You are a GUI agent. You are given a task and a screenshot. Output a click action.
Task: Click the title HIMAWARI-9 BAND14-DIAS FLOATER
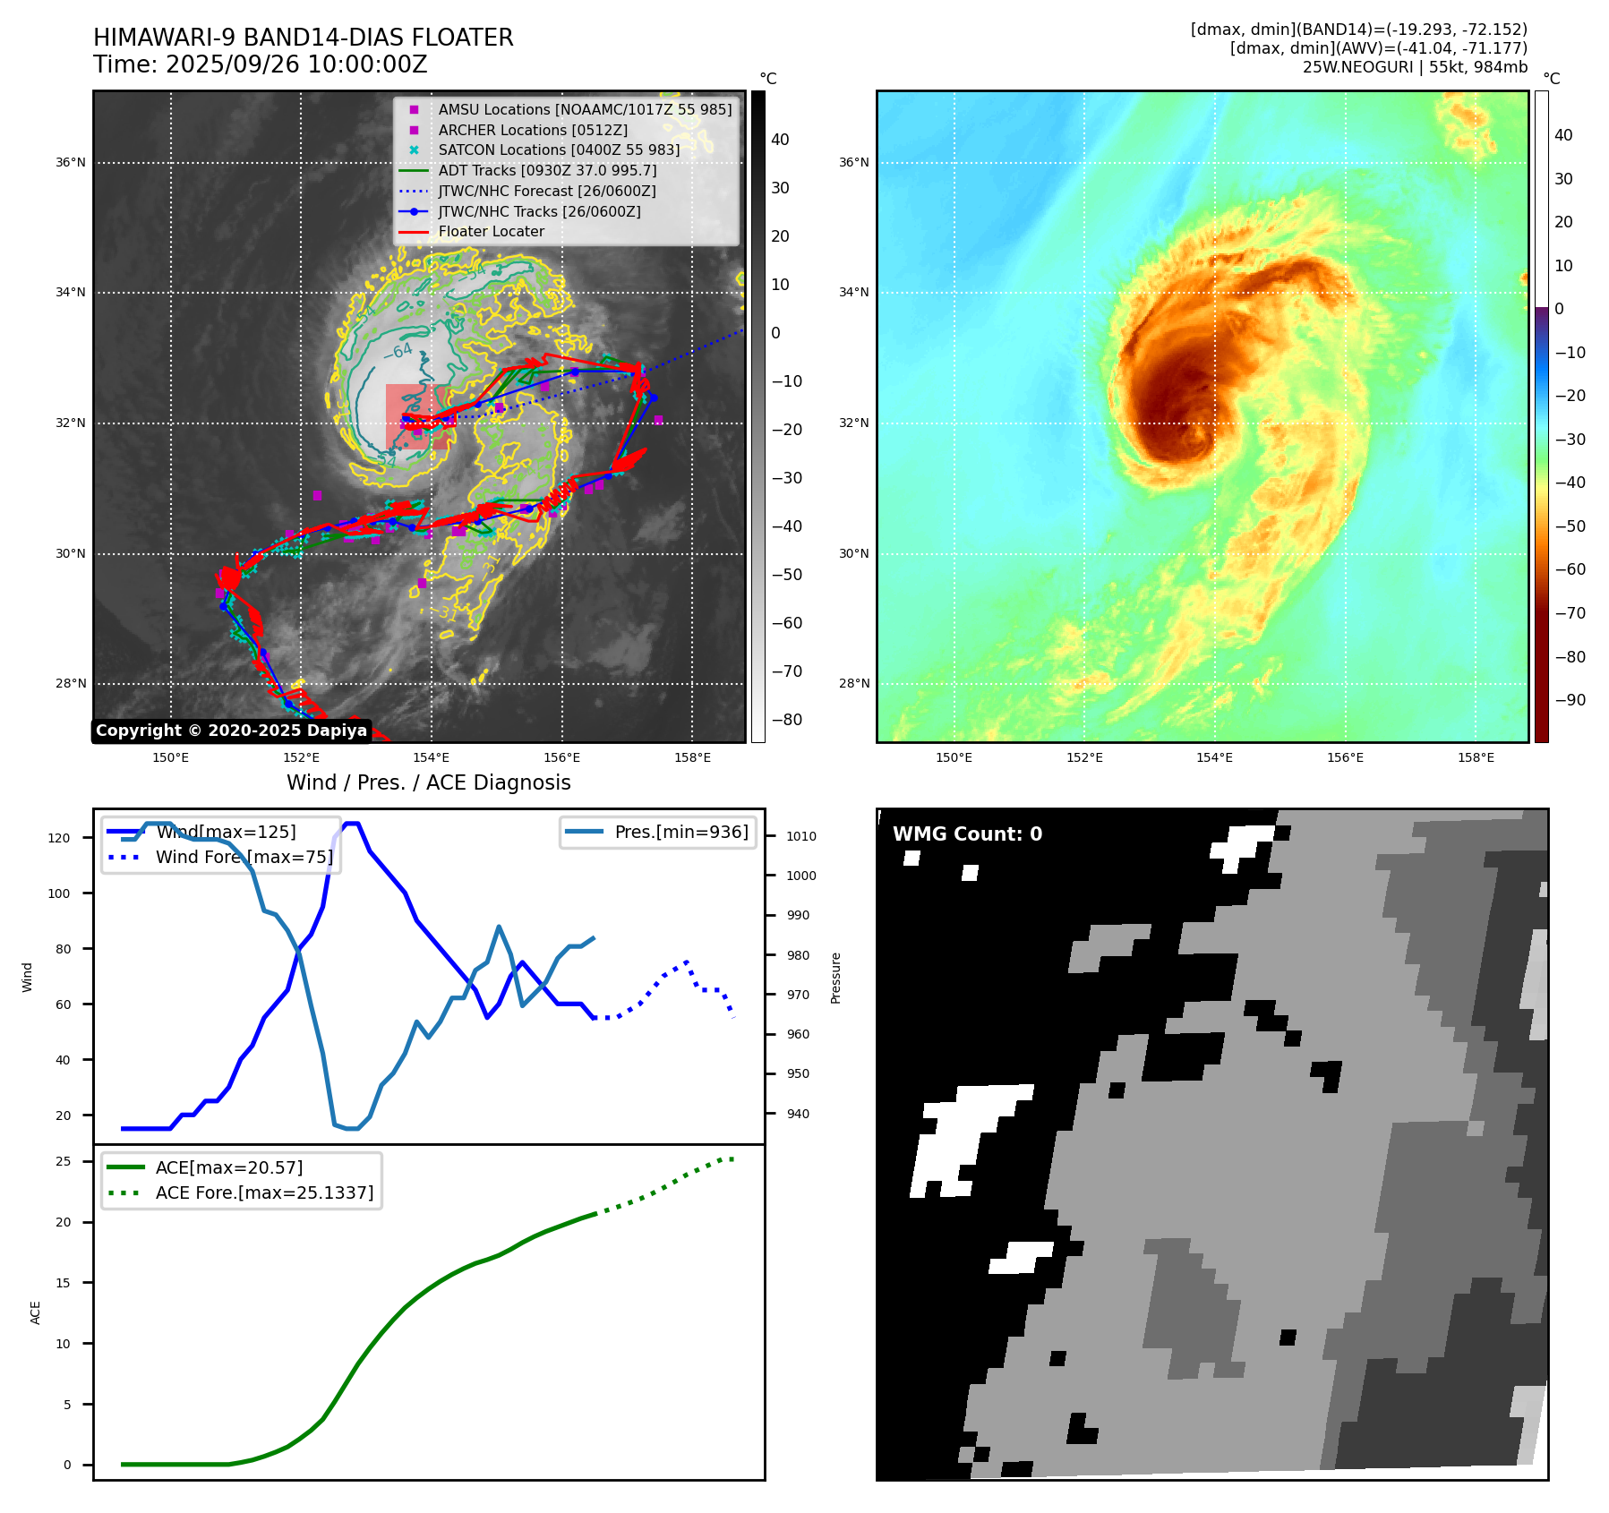coord(303,38)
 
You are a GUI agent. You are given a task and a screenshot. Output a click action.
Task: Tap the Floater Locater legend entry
coord(491,232)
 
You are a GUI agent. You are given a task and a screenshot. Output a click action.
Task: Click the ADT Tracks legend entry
coord(547,170)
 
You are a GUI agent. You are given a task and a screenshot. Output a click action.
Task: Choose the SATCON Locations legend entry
coord(559,150)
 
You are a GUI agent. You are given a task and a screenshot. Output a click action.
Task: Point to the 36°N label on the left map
coord(71,163)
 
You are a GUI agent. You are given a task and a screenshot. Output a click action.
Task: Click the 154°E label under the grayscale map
coord(432,758)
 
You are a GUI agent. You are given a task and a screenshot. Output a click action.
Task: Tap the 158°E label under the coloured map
coord(1476,758)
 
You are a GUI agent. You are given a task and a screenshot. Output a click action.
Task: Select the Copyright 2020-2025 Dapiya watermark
coord(231,731)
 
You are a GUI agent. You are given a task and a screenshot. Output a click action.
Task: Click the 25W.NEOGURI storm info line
coord(1415,67)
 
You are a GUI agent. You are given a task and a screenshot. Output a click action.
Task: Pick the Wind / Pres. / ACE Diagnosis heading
coord(428,782)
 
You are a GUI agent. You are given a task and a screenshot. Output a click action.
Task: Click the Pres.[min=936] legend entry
coord(680,832)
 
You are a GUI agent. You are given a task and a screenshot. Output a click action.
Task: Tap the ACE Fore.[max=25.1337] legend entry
coord(264,1193)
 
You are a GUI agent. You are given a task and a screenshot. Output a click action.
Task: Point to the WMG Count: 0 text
coord(967,834)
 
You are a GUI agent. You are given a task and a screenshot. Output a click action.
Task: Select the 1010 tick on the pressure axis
coord(801,837)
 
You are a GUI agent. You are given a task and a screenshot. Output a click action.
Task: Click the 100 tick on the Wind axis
coord(59,893)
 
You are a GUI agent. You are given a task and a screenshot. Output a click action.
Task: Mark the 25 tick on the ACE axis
coord(64,1162)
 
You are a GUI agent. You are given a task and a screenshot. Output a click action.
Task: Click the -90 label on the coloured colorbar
coord(1570,700)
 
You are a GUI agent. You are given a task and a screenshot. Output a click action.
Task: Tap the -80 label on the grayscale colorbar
coord(787,720)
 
